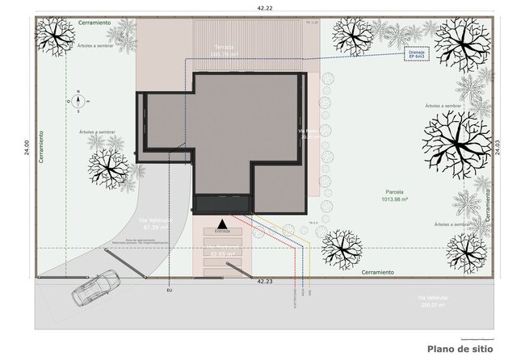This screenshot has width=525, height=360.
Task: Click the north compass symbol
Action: click(x=78, y=101)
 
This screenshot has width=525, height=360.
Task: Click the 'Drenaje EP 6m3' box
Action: click(x=416, y=56)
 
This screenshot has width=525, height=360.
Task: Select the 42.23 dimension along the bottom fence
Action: click(x=264, y=282)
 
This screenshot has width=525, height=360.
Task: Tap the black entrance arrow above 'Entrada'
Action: click(x=222, y=221)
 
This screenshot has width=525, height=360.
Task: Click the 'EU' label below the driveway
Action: click(x=169, y=289)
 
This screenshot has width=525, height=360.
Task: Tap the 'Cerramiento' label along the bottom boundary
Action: click(x=377, y=272)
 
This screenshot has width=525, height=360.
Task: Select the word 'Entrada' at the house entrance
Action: click(x=222, y=230)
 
